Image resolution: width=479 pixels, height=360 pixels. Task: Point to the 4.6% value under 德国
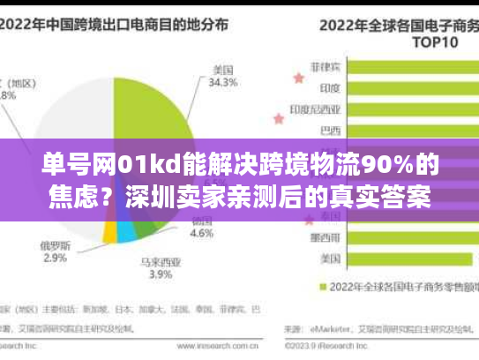pyautogui.click(x=202, y=234)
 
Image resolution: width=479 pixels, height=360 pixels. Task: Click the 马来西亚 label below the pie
pyautogui.click(x=159, y=261)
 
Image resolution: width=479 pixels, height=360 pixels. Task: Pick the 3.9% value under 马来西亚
pyautogui.click(x=160, y=274)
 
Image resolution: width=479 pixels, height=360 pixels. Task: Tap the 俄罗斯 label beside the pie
pyautogui.click(x=54, y=244)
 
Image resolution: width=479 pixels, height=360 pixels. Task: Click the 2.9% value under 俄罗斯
pyautogui.click(x=54, y=258)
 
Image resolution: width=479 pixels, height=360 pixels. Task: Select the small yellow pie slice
pyautogui.click(x=110, y=232)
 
